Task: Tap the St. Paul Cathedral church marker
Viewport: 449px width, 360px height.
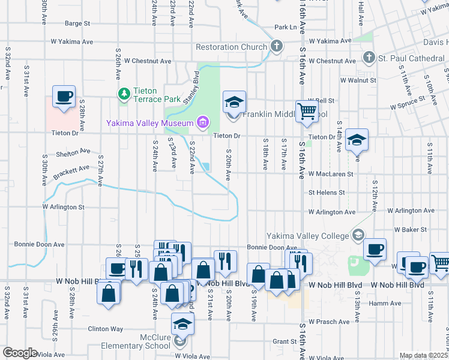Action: coord(369,58)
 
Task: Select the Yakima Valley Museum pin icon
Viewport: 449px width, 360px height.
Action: coord(202,124)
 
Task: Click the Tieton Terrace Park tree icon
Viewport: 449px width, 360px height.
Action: coord(124,94)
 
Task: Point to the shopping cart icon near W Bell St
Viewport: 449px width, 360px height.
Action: coord(307,111)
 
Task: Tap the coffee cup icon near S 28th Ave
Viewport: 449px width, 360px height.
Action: coord(64,96)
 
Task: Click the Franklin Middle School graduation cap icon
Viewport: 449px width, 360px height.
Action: coord(234,101)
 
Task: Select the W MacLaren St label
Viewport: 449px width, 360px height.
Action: coord(331,174)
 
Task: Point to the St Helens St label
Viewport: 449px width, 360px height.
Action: coord(327,193)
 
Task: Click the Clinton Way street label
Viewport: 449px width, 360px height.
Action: coord(106,329)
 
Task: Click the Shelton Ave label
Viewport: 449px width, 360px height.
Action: coord(72,152)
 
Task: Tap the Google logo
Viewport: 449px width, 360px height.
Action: coord(20,353)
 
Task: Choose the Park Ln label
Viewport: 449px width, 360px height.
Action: coord(285,28)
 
